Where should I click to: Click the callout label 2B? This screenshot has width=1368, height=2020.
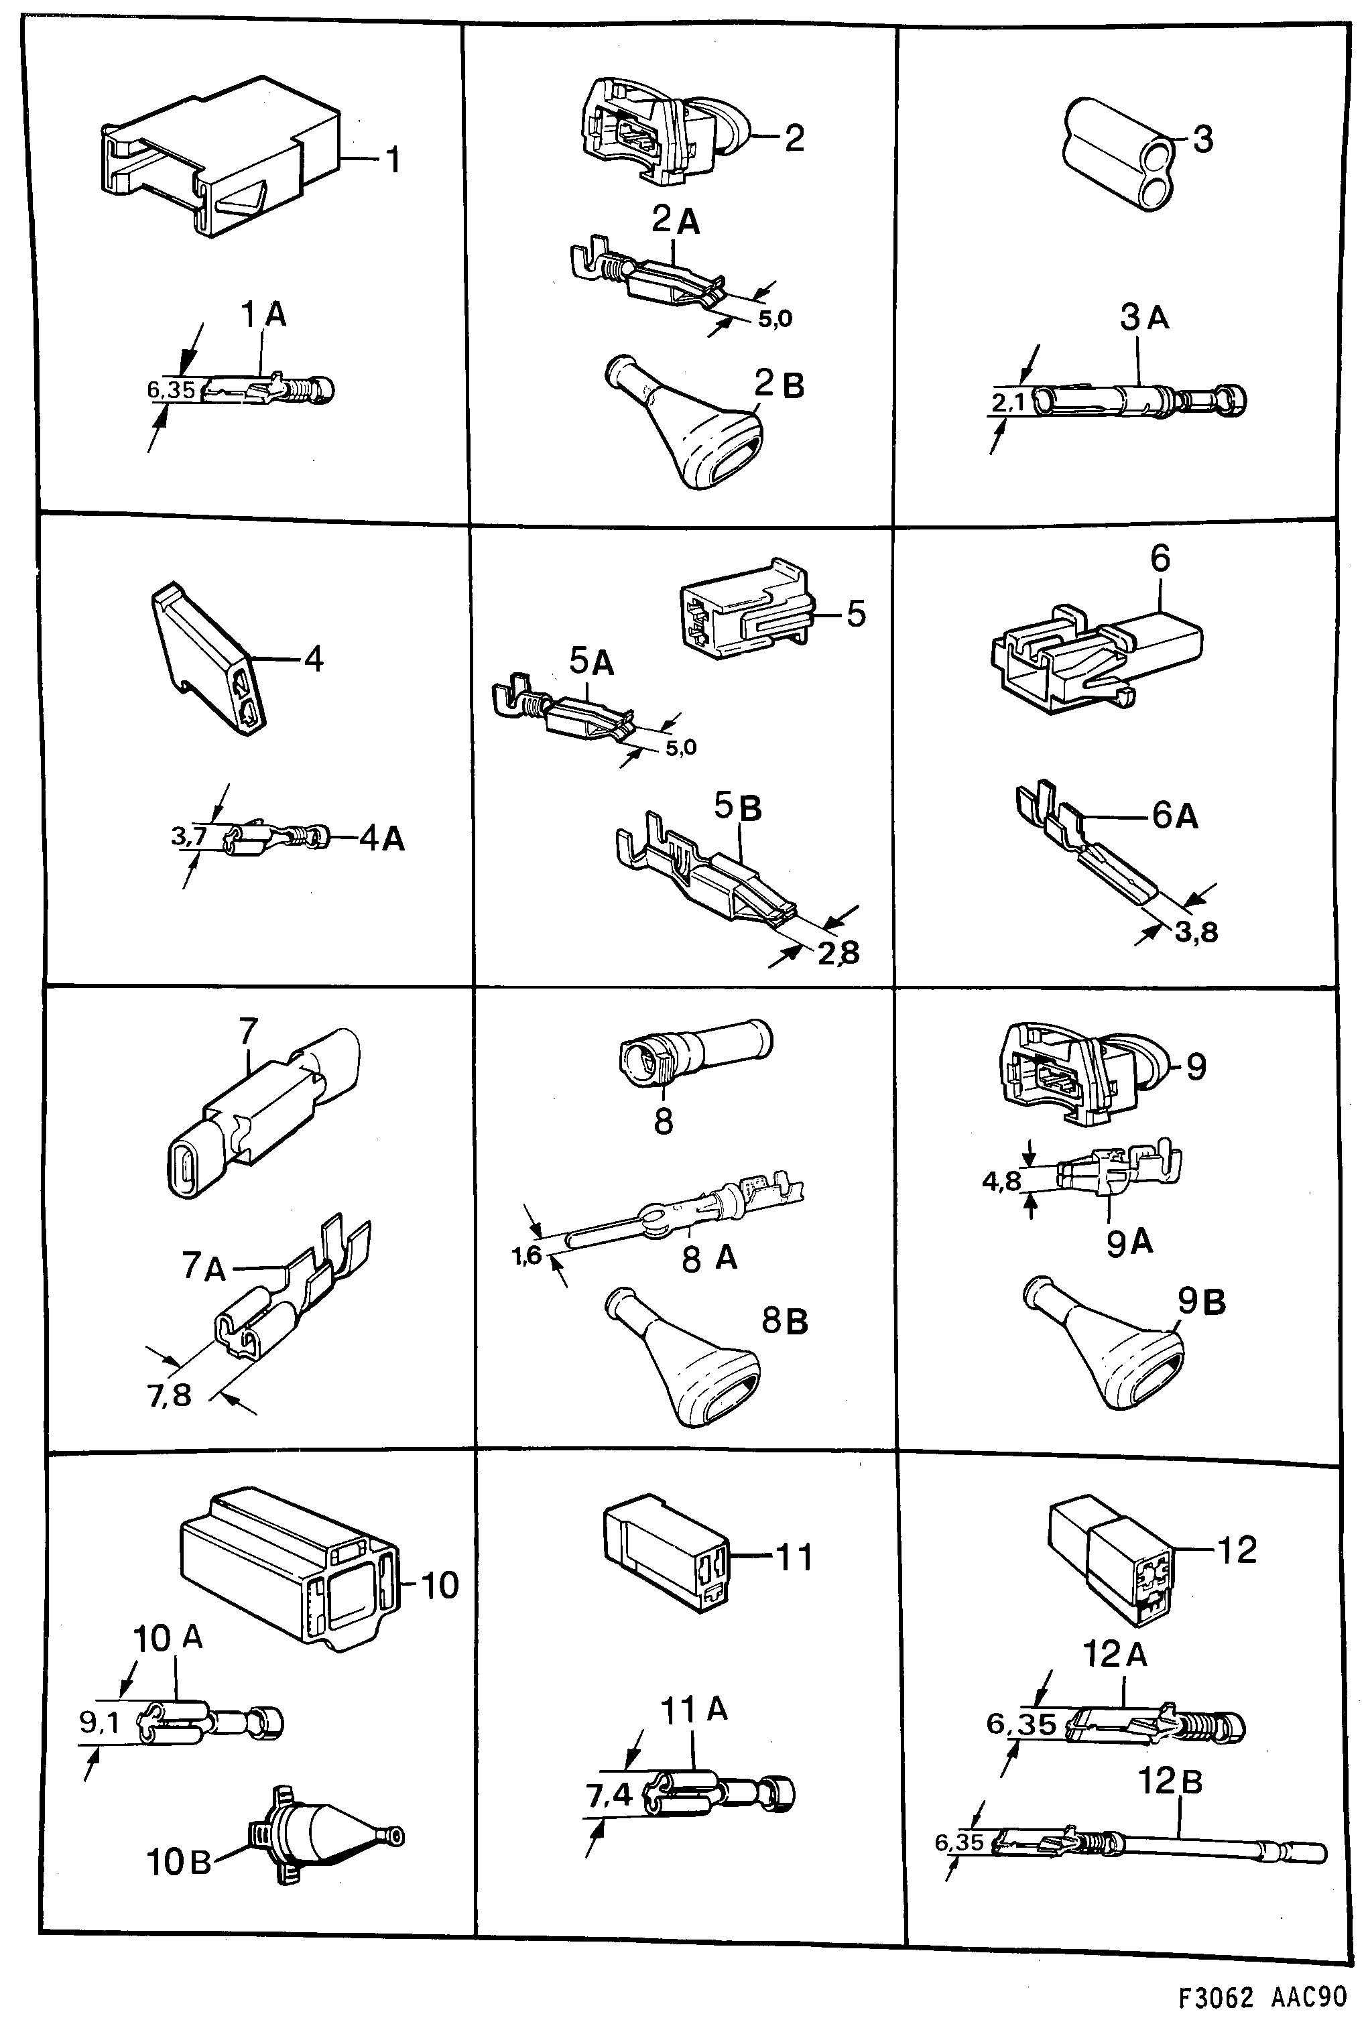tap(779, 384)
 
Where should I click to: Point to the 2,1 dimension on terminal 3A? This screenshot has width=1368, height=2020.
tap(1009, 402)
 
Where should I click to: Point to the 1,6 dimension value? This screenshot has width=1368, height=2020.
tap(527, 1255)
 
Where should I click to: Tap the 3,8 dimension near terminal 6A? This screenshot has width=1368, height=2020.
tap(1196, 934)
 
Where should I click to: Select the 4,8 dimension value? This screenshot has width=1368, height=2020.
tap(1001, 1182)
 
